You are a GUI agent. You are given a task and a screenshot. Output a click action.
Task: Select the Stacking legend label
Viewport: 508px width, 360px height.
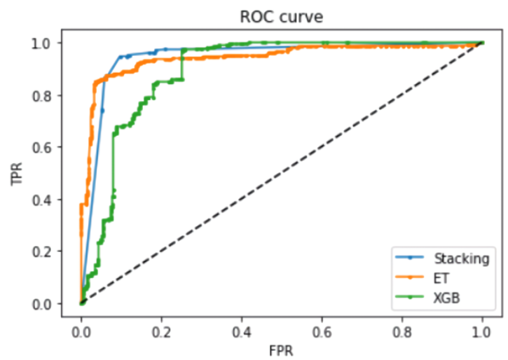[461, 258]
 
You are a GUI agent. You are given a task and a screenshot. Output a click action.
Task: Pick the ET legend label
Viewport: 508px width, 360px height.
[441, 278]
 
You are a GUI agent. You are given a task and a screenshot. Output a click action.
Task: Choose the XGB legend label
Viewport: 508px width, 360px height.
[446, 298]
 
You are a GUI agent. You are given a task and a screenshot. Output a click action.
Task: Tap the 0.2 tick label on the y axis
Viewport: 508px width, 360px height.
[44, 251]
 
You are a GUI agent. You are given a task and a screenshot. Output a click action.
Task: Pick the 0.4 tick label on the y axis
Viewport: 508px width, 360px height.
[44, 200]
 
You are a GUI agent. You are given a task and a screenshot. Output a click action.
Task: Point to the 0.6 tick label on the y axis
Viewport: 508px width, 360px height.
[44, 147]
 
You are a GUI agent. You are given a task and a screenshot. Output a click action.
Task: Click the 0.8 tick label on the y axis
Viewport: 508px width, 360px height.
[44, 95]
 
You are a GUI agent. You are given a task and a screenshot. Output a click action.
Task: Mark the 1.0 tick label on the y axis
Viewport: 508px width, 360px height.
[44, 43]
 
